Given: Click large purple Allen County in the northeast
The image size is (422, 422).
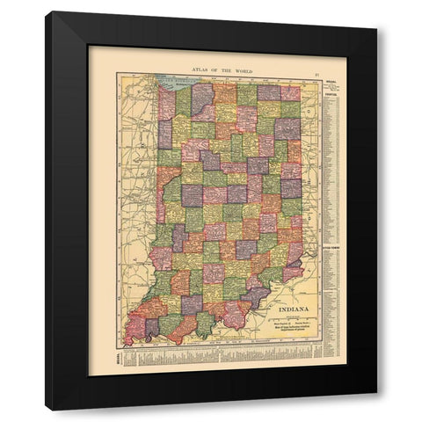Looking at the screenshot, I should [x=285, y=129].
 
